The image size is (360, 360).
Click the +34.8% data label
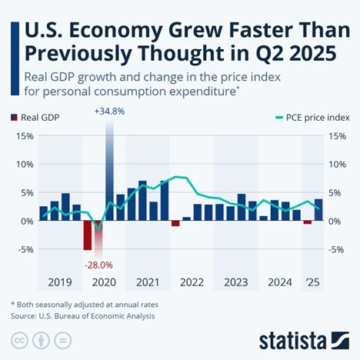pos(109,112)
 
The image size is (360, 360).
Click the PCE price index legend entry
pos(312,118)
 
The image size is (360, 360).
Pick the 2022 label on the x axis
pos(192,282)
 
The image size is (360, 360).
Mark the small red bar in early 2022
pos(175,223)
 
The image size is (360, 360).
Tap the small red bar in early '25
pos(308,222)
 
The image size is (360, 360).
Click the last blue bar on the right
pos(318,210)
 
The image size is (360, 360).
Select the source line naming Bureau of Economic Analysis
pos(82,315)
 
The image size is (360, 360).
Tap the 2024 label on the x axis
pos(279,282)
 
